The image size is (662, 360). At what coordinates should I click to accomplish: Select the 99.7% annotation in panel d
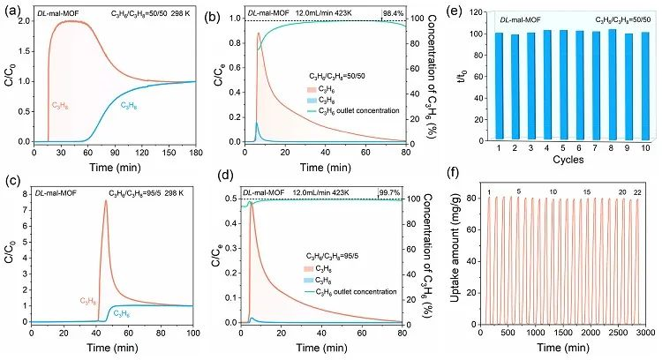(x=393, y=190)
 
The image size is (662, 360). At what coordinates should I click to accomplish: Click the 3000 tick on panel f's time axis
(x=644, y=333)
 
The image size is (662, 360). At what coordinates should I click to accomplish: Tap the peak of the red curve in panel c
(x=106, y=201)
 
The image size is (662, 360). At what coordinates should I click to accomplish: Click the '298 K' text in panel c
(x=165, y=192)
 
